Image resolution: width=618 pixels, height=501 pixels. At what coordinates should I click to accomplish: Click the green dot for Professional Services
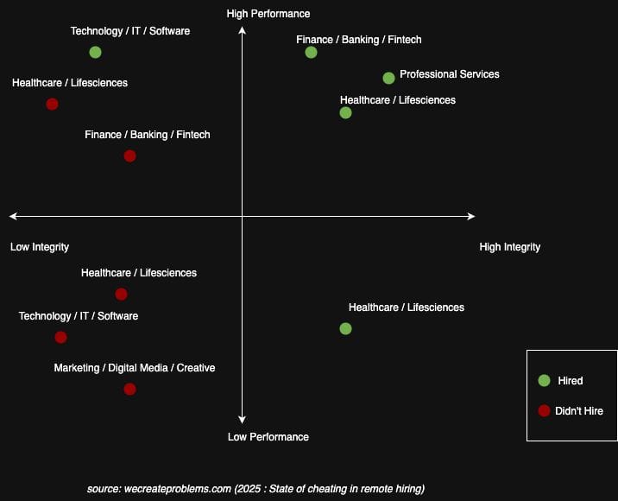(388, 78)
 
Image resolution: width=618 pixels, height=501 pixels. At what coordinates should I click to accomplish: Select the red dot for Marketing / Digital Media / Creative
(129, 389)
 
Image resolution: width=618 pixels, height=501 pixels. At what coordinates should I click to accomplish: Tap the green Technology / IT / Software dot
(95, 52)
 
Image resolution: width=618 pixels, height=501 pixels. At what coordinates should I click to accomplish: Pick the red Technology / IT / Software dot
(60, 337)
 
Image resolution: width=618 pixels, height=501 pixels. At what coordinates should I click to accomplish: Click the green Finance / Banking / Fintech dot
(311, 52)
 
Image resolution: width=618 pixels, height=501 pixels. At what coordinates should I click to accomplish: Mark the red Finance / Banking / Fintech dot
(129, 155)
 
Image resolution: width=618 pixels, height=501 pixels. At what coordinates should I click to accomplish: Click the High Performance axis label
(268, 14)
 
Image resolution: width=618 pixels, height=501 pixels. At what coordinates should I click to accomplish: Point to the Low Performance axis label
(268, 437)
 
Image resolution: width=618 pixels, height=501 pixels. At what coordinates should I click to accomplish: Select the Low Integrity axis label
(40, 247)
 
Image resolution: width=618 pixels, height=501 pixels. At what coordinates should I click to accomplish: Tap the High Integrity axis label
(509, 247)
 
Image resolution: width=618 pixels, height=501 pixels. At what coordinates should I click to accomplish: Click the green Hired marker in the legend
(544, 380)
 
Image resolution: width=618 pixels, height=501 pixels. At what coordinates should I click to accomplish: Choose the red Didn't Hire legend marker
(544, 410)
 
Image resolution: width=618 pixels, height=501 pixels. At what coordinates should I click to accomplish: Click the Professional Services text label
(449, 74)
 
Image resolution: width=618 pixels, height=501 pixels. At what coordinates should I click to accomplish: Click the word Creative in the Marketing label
(196, 368)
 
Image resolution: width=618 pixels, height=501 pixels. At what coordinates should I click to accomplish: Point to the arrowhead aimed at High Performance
(243, 31)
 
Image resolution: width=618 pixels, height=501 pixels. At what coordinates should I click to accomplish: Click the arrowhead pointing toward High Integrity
(470, 216)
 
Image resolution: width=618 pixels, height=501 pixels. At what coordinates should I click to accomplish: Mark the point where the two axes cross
(243, 216)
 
